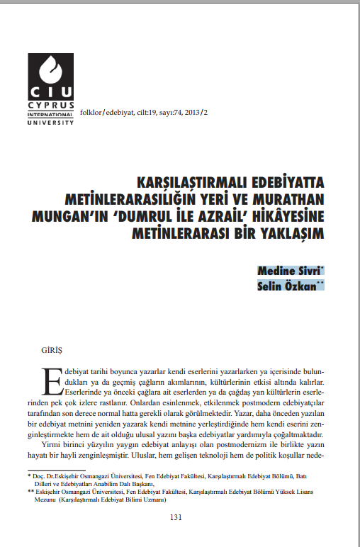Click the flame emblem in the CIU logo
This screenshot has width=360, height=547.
[x=52, y=70]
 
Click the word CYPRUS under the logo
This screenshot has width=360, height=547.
[x=51, y=104]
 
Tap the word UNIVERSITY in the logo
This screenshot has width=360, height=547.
[x=51, y=122]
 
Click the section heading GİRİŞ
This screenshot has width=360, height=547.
[x=52, y=350]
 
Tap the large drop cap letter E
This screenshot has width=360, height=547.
[x=52, y=380]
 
